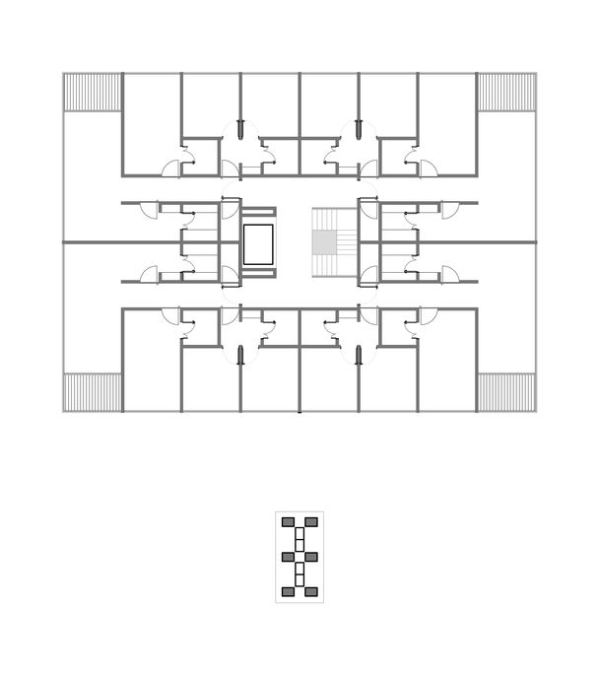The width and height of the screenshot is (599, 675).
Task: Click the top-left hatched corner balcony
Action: tap(93, 92)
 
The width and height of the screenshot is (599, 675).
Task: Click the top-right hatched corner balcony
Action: tap(506, 92)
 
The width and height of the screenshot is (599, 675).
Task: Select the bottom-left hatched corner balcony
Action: tap(93, 391)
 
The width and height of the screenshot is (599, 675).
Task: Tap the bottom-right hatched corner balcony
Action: tap(506, 391)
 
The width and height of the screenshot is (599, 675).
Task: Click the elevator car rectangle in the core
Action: tap(258, 243)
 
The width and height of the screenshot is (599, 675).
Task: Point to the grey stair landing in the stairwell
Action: tap(323, 241)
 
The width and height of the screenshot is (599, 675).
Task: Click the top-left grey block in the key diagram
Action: tap(288, 521)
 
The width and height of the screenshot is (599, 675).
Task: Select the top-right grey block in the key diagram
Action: tap(311, 521)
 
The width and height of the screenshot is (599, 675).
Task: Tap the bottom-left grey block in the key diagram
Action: tap(288, 591)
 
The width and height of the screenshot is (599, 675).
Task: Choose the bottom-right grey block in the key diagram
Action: tap(311, 591)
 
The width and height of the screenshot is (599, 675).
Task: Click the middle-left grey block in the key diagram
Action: tap(288, 557)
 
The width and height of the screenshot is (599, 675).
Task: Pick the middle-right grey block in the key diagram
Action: tap(311, 557)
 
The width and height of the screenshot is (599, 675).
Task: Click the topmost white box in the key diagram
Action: tap(299, 533)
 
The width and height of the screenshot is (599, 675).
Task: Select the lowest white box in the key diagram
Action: tap(299, 580)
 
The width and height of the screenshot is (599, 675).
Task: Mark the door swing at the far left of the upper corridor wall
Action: tap(149, 210)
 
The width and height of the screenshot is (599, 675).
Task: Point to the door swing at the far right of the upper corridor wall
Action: tap(449, 210)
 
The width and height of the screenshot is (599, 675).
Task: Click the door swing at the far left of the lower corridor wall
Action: tap(149, 275)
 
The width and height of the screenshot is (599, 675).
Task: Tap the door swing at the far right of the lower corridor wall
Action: tap(449, 275)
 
